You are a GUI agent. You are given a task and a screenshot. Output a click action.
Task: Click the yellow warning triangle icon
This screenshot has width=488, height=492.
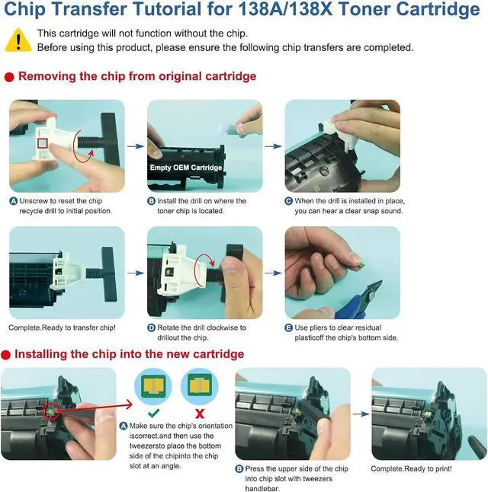pos(18,40)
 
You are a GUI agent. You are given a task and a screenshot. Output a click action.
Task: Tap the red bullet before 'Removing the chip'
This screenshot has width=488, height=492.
pos(9,77)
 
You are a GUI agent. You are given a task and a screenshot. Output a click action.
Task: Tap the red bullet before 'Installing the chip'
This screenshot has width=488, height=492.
pos(7,355)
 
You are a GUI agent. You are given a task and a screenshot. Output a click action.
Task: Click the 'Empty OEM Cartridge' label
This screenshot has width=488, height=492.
pos(186,168)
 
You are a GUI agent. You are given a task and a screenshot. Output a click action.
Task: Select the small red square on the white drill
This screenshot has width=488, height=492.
pos(43,142)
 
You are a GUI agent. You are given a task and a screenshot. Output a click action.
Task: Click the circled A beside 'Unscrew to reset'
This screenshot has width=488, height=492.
pos(13,201)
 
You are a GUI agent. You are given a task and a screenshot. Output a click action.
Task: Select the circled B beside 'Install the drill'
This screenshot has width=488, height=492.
pos(151,201)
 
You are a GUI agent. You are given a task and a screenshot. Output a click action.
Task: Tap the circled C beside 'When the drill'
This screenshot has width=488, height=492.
pos(289,201)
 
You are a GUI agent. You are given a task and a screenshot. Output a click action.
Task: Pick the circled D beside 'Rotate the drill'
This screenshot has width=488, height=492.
pos(151,328)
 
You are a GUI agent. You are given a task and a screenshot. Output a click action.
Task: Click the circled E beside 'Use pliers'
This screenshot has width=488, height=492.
pos(289,328)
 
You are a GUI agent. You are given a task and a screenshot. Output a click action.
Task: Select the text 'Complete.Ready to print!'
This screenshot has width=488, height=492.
pos(411,468)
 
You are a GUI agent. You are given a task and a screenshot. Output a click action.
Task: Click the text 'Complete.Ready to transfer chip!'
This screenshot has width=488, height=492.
pos(62,328)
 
